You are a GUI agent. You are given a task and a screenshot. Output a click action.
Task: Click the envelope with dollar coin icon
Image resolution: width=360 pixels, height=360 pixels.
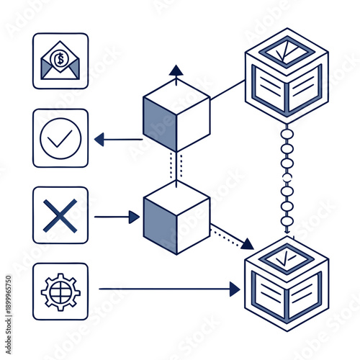60,61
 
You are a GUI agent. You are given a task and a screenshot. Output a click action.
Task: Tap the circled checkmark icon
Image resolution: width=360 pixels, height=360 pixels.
60,138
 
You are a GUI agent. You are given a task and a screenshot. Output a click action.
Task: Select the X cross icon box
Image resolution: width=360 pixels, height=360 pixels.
60,215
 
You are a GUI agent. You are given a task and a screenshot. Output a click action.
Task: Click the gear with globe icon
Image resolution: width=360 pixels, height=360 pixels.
60,291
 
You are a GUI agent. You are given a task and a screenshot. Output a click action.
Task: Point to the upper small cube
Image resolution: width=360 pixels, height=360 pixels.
176,115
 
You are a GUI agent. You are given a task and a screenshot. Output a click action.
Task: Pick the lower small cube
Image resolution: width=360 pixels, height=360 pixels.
176,217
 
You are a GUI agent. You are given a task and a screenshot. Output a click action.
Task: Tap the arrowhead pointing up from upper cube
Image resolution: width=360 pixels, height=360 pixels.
176,70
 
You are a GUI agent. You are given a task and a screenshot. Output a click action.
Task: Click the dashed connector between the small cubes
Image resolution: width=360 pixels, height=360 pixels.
176,166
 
